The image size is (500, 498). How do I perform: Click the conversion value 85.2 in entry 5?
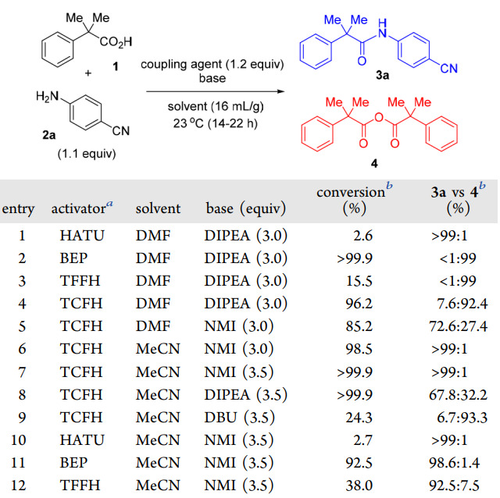(x=359, y=326)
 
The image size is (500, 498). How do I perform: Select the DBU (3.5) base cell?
(x=239, y=417)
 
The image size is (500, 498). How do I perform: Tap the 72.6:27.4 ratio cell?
(x=459, y=326)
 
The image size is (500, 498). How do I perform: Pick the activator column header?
(x=82, y=208)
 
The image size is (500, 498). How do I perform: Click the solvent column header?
(x=158, y=208)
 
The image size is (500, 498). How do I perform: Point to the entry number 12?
(x=18, y=486)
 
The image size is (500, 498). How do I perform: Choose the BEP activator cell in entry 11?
(x=73, y=463)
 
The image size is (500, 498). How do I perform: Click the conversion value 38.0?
(x=359, y=486)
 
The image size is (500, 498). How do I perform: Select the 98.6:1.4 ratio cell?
(x=454, y=463)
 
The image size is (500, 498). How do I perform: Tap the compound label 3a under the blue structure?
(x=382, y=75)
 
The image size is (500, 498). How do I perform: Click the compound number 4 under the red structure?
(x=374, y=163)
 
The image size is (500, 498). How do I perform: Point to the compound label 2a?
(x=48, y=135)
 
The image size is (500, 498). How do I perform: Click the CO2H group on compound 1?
(x=116, y=42)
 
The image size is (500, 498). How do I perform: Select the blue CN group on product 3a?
(x=448, y=68)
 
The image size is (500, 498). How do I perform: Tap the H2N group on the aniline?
(x=47, y=96)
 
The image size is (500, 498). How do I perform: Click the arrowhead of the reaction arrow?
(x=281, y=91)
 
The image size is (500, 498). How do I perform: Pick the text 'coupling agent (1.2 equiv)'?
(x=212, y=64)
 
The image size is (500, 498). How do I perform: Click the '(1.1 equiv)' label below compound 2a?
(x=87, y=154)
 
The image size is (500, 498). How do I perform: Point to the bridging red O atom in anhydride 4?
(x=379, y=118)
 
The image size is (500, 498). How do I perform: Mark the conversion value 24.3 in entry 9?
(x=359, y=417)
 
